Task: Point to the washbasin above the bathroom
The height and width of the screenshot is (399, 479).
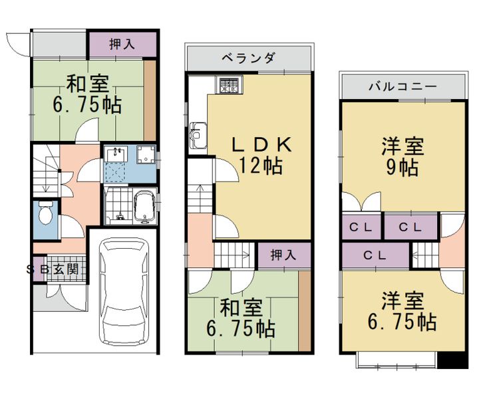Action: tap(118, 154)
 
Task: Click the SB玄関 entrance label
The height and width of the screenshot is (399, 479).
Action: tap(53, 269)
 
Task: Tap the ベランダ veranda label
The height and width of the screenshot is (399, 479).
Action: tap(248, 58)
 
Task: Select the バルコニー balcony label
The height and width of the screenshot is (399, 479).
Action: tap(402, 86)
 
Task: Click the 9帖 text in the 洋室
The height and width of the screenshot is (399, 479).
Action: tap(402, 168)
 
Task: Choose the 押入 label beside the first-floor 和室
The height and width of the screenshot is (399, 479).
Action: tap(122, 44)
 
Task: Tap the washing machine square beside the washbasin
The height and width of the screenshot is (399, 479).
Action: tap(144, 155)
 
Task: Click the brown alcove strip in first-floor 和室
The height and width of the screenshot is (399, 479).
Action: tap(150, 97)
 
